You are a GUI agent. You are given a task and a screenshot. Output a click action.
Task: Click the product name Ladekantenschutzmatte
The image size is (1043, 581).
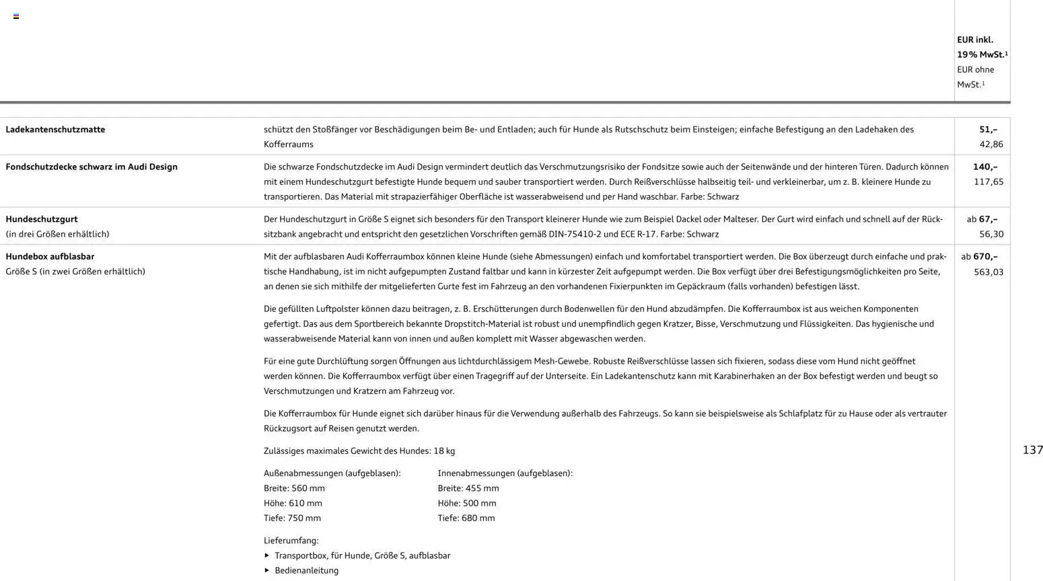click(55, 129)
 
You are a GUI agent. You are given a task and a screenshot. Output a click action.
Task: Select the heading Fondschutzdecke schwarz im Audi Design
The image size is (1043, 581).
click(92, 167)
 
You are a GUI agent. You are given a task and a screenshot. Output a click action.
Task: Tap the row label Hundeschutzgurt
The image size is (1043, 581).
click(42, 219)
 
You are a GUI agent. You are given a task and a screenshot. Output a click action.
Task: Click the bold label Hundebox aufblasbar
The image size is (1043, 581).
click(50, 256)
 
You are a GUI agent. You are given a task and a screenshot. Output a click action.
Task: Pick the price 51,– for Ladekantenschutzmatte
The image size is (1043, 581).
click(988, 129)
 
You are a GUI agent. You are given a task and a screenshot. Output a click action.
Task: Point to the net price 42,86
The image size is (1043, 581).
click(991, 144)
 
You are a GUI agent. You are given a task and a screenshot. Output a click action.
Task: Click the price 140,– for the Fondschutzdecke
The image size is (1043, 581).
click(985, 167)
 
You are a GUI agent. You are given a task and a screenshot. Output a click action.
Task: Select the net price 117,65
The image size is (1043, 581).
click(988, 182)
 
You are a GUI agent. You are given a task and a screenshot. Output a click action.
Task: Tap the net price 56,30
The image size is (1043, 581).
click(991, 234)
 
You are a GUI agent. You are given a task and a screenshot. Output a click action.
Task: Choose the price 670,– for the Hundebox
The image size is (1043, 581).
click(985, 256)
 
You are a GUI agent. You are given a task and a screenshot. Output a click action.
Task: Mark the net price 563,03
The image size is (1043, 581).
click(988, 272)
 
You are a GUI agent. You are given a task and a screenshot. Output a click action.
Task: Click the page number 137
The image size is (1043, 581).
click(1032, 450)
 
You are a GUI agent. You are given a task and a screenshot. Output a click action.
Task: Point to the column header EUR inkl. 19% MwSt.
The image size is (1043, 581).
click(982, 47)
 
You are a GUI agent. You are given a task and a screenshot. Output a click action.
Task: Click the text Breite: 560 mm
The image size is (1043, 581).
click(294, 488)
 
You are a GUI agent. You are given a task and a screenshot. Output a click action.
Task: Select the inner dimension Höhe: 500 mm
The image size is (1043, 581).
click(467, 503)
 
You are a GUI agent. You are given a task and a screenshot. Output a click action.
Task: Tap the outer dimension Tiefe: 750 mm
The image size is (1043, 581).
click(292, 518)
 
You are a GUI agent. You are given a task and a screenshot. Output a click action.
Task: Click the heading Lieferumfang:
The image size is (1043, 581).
click(291, 541)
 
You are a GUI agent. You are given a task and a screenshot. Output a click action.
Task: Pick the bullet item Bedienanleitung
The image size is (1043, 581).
click(306, 570)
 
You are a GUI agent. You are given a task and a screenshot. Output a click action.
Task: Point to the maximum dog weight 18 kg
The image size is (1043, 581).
click(444, 451)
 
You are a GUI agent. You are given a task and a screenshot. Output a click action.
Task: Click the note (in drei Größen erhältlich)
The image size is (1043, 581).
click(57, 234)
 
